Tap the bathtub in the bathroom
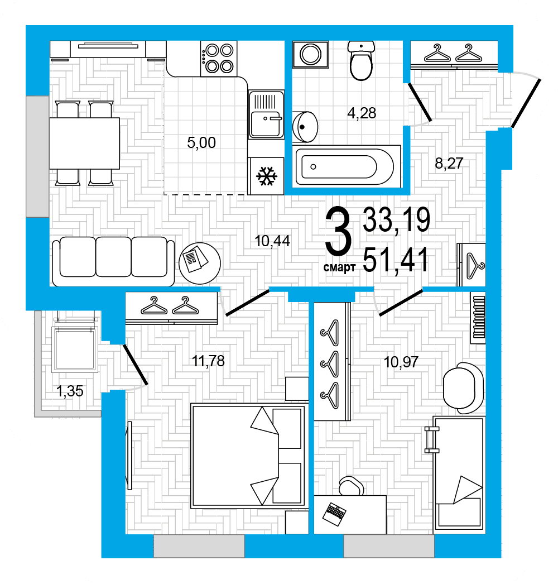(347, 166)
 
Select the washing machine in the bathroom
(310, 54)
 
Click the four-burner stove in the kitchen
(219, 59)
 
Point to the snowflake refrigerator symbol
(267, 176)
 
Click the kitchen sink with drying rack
(266, 114)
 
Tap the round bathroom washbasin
(305, 127)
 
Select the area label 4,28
(362, 113)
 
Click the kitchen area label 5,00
(201, 142)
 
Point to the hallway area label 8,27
(449, 163)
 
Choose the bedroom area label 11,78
(208, 361)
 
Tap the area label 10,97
(401, 362)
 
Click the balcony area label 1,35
(70, 391)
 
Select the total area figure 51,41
(395, 260)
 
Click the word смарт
(339, 267)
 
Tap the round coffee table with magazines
(200, 263)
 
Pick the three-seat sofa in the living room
(113, 261)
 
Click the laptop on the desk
(334, 514)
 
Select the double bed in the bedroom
(248, 456)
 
